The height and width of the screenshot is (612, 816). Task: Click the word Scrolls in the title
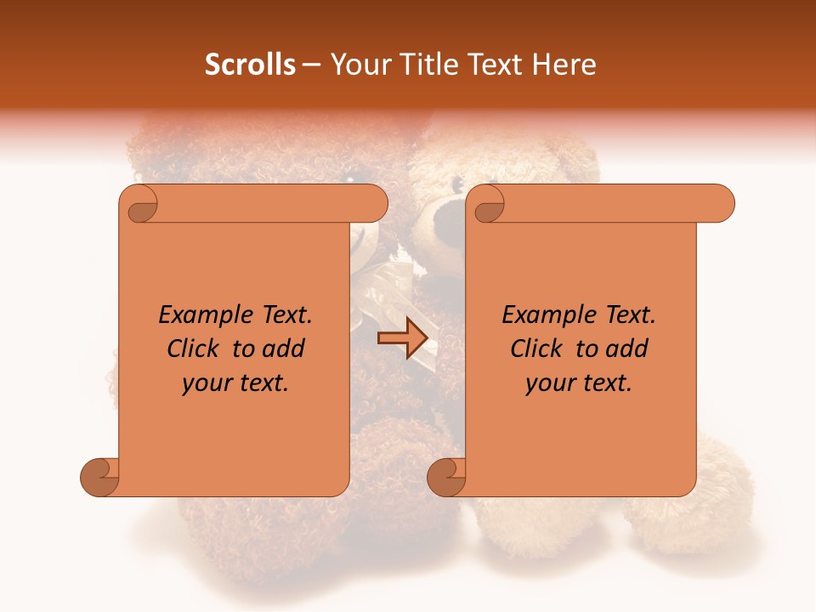251,65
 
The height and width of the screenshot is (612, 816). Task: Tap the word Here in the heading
564,65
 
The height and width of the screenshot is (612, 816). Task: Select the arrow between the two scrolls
402,338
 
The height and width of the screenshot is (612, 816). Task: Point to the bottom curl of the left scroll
100,476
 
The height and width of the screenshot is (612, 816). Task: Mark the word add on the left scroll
285,349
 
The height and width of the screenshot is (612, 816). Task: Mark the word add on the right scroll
628,349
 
